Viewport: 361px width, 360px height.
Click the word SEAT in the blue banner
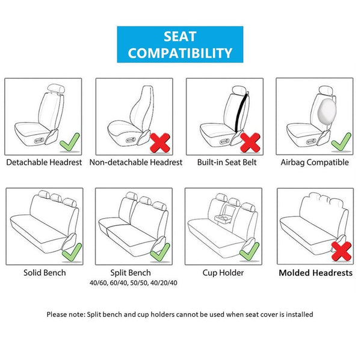tap(180, 36)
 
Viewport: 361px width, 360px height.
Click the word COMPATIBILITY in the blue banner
tap(180, 53)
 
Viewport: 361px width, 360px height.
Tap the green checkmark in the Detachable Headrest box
tap(69, 142)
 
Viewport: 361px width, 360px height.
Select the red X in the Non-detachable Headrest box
tap(160, 142)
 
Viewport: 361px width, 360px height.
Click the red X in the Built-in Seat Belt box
tap(250, 142)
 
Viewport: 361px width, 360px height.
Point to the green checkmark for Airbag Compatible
tap(341, 142)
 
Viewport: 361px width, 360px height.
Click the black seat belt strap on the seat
tap(241, 112)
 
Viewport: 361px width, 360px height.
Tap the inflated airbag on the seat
tap(327, 112)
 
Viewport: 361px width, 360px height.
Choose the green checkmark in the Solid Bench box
tap(72, 252)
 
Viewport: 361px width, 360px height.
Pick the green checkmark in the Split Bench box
tap(160, 252)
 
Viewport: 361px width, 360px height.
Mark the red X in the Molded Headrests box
tap(341, 251)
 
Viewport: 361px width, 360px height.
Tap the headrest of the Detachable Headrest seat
tap(56, 88)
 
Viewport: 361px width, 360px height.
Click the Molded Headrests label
tap(316, 273)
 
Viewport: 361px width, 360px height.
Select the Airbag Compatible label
tap(315, 162)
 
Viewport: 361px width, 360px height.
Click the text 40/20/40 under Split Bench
tap(164, 282)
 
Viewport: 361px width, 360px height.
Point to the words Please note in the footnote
tap(66, 314)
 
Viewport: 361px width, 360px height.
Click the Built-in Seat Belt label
tap(227, 162)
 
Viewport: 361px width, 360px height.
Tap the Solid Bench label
tap(45, 273)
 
